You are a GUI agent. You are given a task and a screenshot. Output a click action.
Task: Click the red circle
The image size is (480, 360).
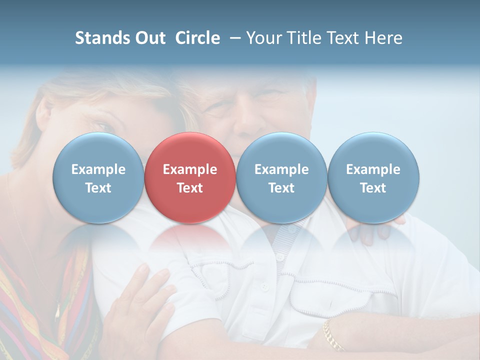pos(190,177)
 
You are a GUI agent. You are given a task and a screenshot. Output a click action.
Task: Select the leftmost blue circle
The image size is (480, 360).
pos(98,177)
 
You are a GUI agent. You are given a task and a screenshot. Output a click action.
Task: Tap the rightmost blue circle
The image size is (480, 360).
pos(373,177)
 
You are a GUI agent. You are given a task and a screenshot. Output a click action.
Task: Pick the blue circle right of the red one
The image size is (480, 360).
pos(281,177)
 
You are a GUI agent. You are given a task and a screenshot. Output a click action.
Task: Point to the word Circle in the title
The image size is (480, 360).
pos(197,38)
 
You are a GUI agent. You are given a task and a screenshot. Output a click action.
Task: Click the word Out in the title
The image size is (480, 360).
pos(148,38)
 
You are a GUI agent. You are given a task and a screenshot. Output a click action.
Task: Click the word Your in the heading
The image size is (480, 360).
pos(263,38)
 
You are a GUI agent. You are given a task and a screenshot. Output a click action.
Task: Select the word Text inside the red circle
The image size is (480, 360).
pos(190,188)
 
